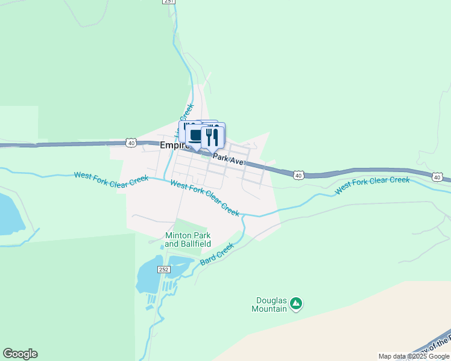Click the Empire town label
tap(171, 146)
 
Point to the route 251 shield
tap(169, 2)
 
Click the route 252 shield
tap(163, 269)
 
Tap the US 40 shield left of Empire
tap(131, 143)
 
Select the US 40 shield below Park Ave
tap(298, 174)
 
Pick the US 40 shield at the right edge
tap(437, 176)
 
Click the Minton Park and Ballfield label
tap(188, 239)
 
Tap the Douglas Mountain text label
tap(269, 304)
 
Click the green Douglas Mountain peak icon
tap(295, 304)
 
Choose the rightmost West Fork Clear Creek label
tap(372, 184)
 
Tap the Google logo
tap(20, 354)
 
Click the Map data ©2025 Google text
tap(413, 356)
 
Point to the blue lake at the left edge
tap(9, 214)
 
